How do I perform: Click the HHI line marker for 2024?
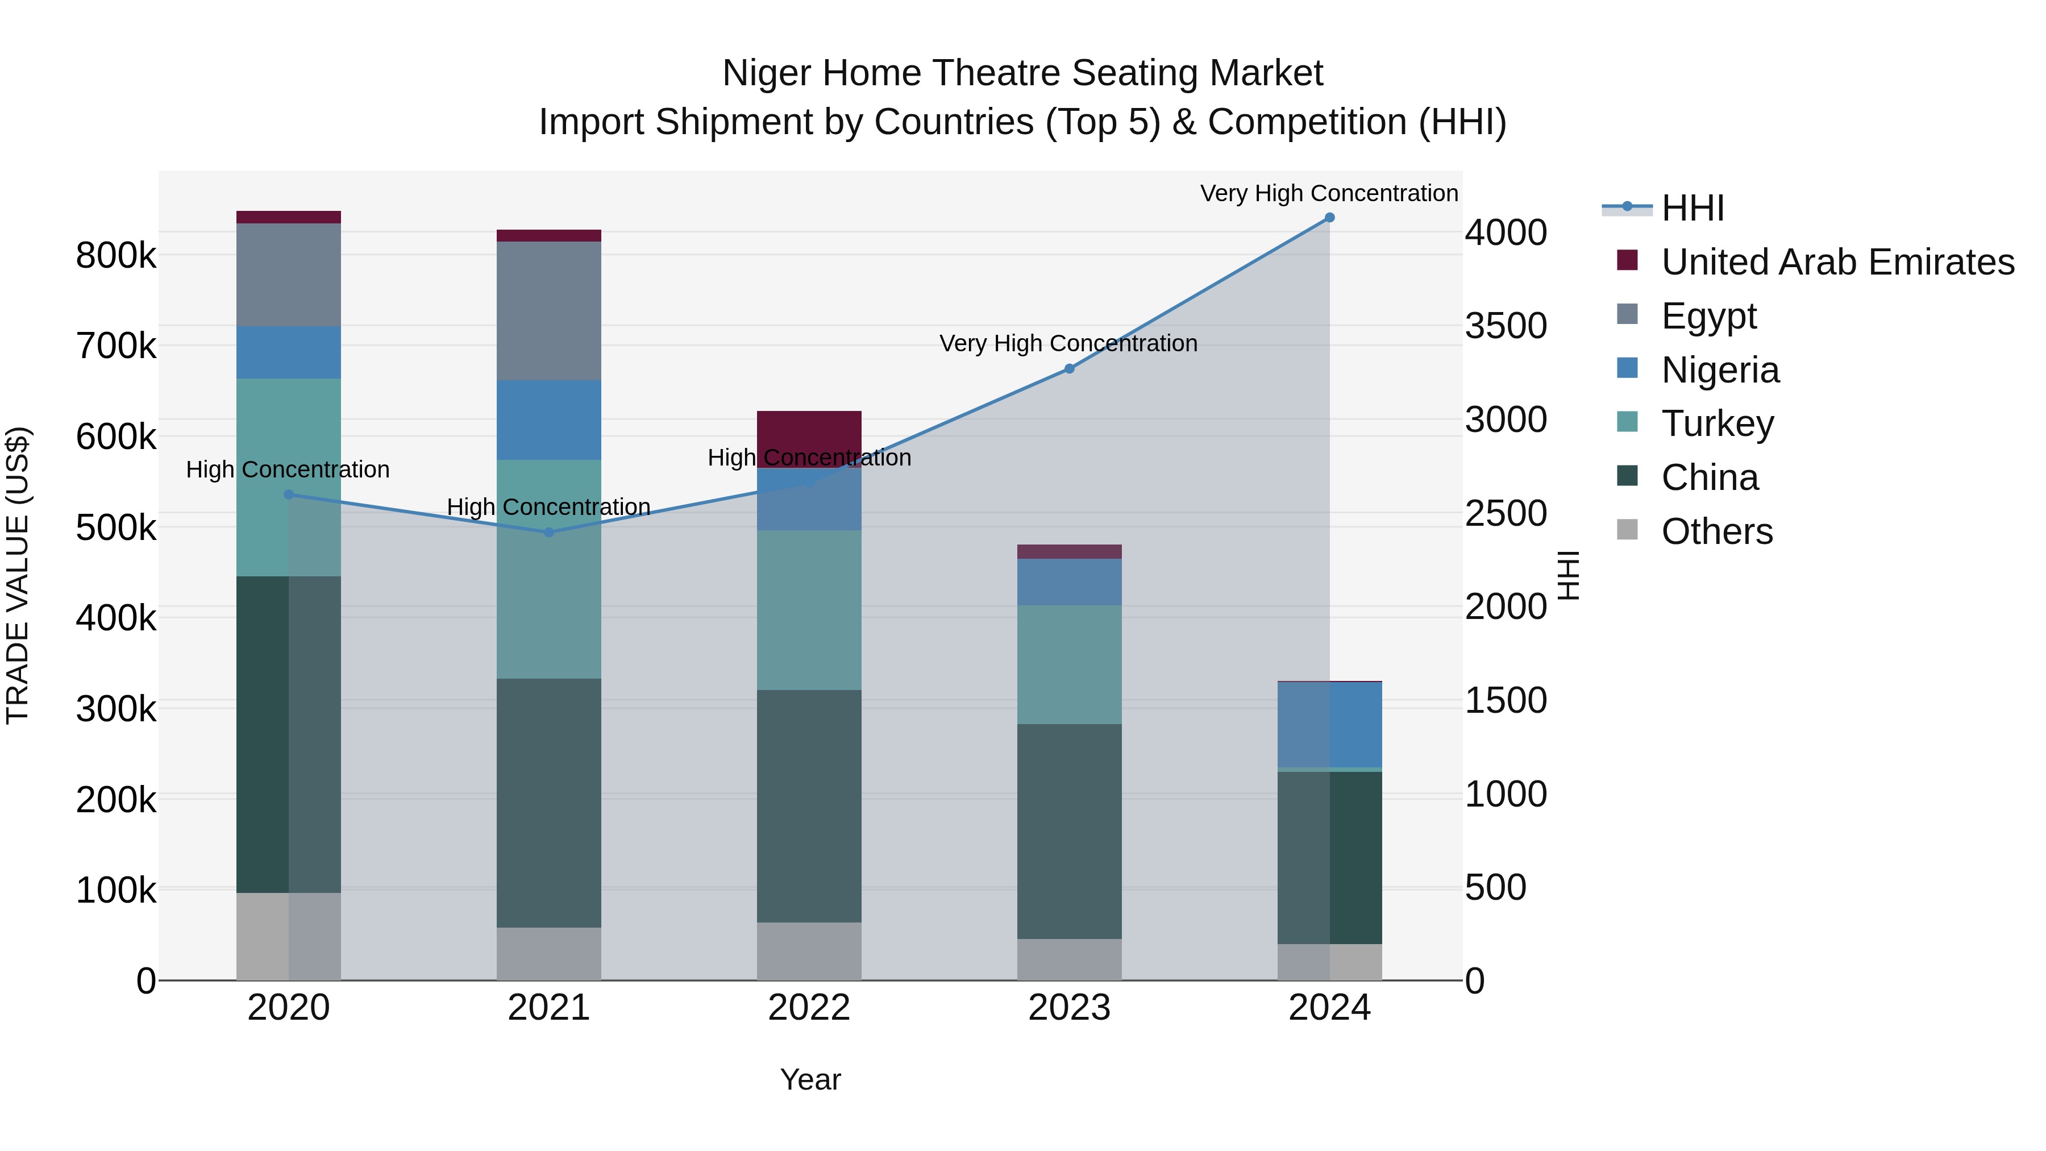pyautogui.click(x=1329, y=218)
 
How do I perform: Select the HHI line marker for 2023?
pyautogui.click(x=1069, y=368)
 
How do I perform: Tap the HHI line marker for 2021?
pyautogui.click(x=549, y=532)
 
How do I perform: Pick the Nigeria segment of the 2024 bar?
pyautogui.click(x=1329, y=725)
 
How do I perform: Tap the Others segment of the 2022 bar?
pyautogui.click(x=809, y=951)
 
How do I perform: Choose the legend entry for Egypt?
pyautogui.click(x=1708, y=316)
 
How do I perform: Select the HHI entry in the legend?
pyautogui.click(x=1692, y=208)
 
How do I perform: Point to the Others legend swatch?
pyautogui.click(x=1627, y=530)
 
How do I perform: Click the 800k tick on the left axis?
pyautogui.click(x=116, y=256)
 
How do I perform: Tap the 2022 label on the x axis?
pyautogui.click(x=809, y=1008)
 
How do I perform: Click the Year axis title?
pyautogui.click(x=810, y=1079)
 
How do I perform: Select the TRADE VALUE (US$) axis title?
pyautogui.click(x=18, y=575)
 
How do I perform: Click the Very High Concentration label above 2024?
pyautogui.click(x=1328, y=193)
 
